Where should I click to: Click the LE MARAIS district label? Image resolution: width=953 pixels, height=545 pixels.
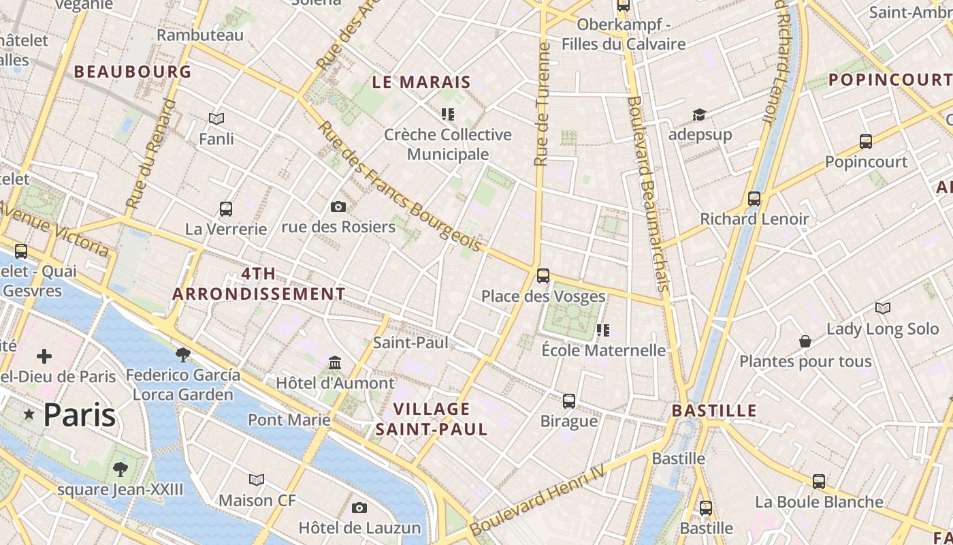[421, 82]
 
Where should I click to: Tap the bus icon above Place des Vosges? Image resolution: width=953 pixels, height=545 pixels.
[543, 275]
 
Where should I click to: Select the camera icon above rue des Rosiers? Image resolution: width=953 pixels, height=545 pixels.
[338, 206]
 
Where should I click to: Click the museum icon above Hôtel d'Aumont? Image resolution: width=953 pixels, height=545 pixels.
[335, 362]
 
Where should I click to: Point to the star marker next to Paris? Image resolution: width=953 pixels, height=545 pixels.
[29, 414]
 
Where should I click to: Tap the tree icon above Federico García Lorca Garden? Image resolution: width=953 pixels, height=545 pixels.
[182, 354]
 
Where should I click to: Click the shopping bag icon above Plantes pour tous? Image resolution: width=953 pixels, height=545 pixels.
[805, 341]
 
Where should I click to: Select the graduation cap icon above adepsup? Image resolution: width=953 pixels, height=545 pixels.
[699, 114]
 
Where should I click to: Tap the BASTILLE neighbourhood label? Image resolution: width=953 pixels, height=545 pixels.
[714, 411]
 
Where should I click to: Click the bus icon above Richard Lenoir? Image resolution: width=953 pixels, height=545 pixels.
[754, 198]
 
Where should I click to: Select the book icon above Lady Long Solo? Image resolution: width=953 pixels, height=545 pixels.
[882, 308]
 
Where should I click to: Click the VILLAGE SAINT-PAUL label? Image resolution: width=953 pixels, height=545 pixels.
[432, 419]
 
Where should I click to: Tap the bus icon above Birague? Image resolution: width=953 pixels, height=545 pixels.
[569, 401]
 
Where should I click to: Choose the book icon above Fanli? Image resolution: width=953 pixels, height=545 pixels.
[216, 119]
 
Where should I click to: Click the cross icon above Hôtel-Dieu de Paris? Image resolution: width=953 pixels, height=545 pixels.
[44, 356]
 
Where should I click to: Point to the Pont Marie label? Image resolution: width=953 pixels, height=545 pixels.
[289, 420]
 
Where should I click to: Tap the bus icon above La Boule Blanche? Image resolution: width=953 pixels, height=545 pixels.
[819, 481]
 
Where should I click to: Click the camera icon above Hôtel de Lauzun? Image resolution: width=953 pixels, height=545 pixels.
[359, 508]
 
